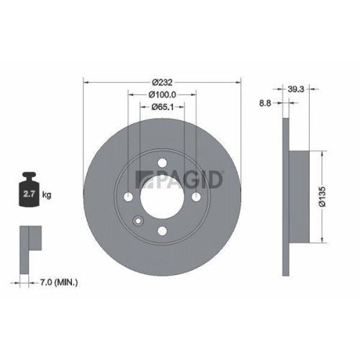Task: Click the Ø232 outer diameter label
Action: (x=162, y=82)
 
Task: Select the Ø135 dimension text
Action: (x=325, y=195)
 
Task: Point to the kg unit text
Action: (x=47, y=194)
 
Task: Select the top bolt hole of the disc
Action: (x=162, y=162)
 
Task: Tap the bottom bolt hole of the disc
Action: (x=162, y=230)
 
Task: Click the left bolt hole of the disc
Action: (x=128, y=197)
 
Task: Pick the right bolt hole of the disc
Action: (x=196, y=197)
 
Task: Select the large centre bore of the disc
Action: (x=162, y=197)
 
